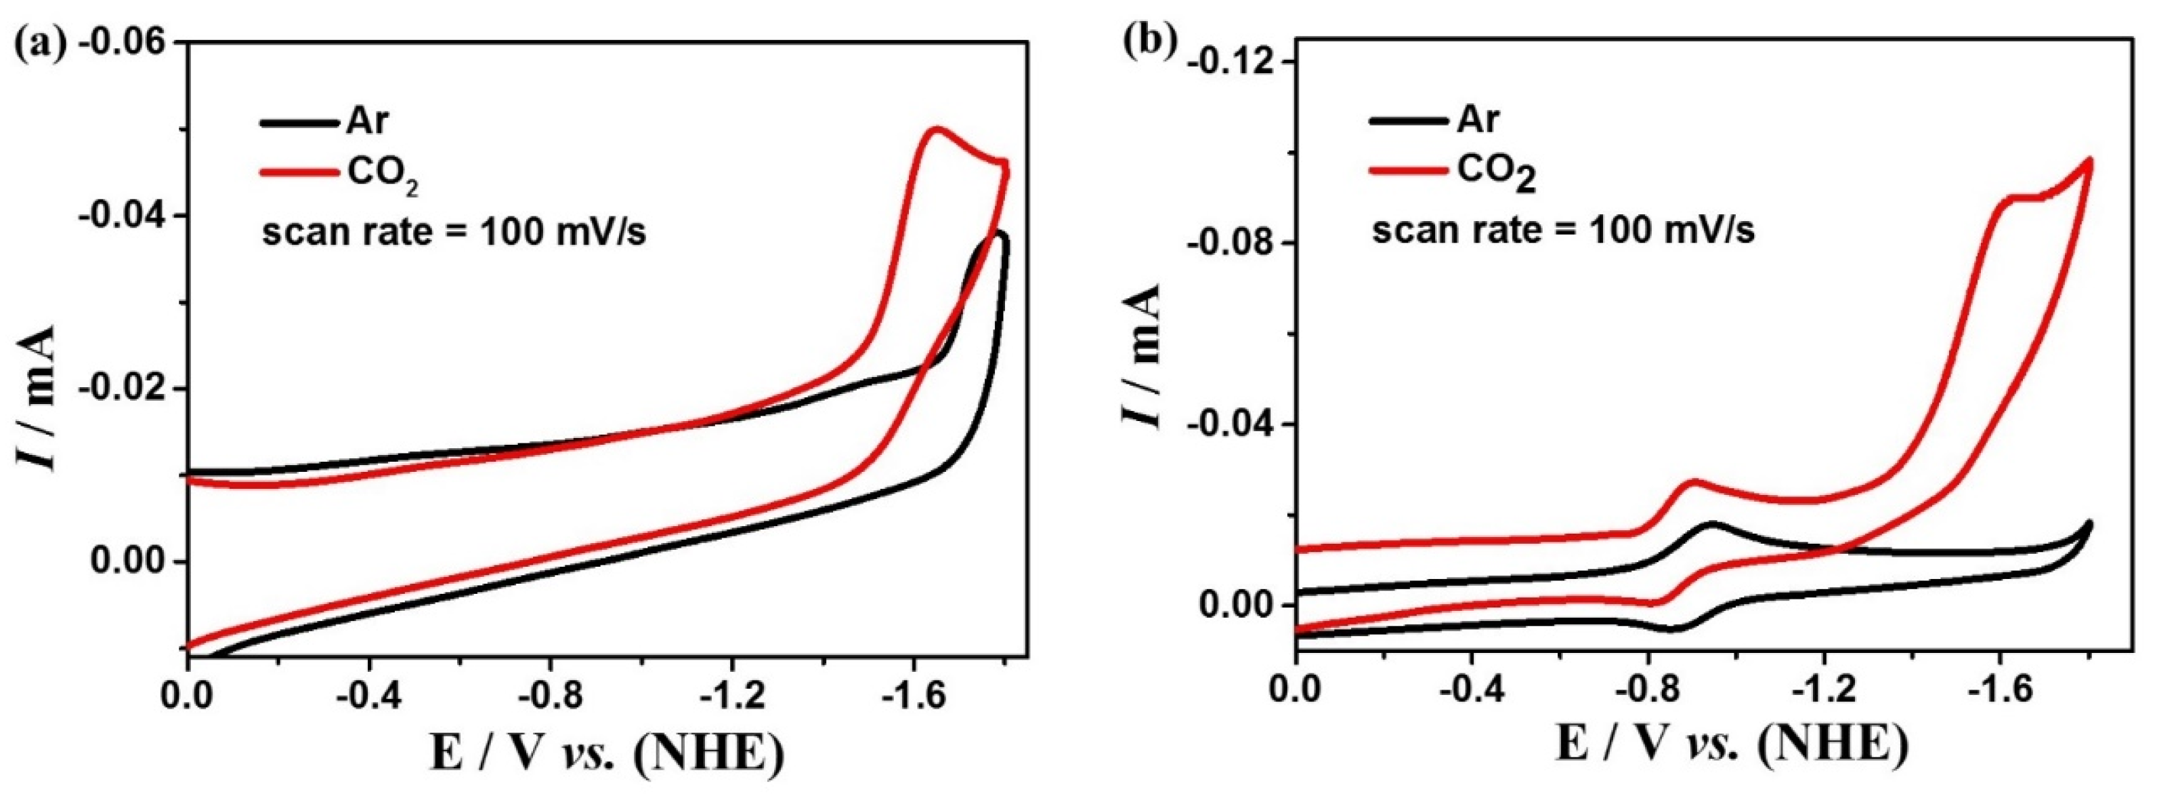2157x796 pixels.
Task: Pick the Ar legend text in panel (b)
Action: pos(1477,120)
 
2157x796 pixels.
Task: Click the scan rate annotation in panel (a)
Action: pos(454,233)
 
